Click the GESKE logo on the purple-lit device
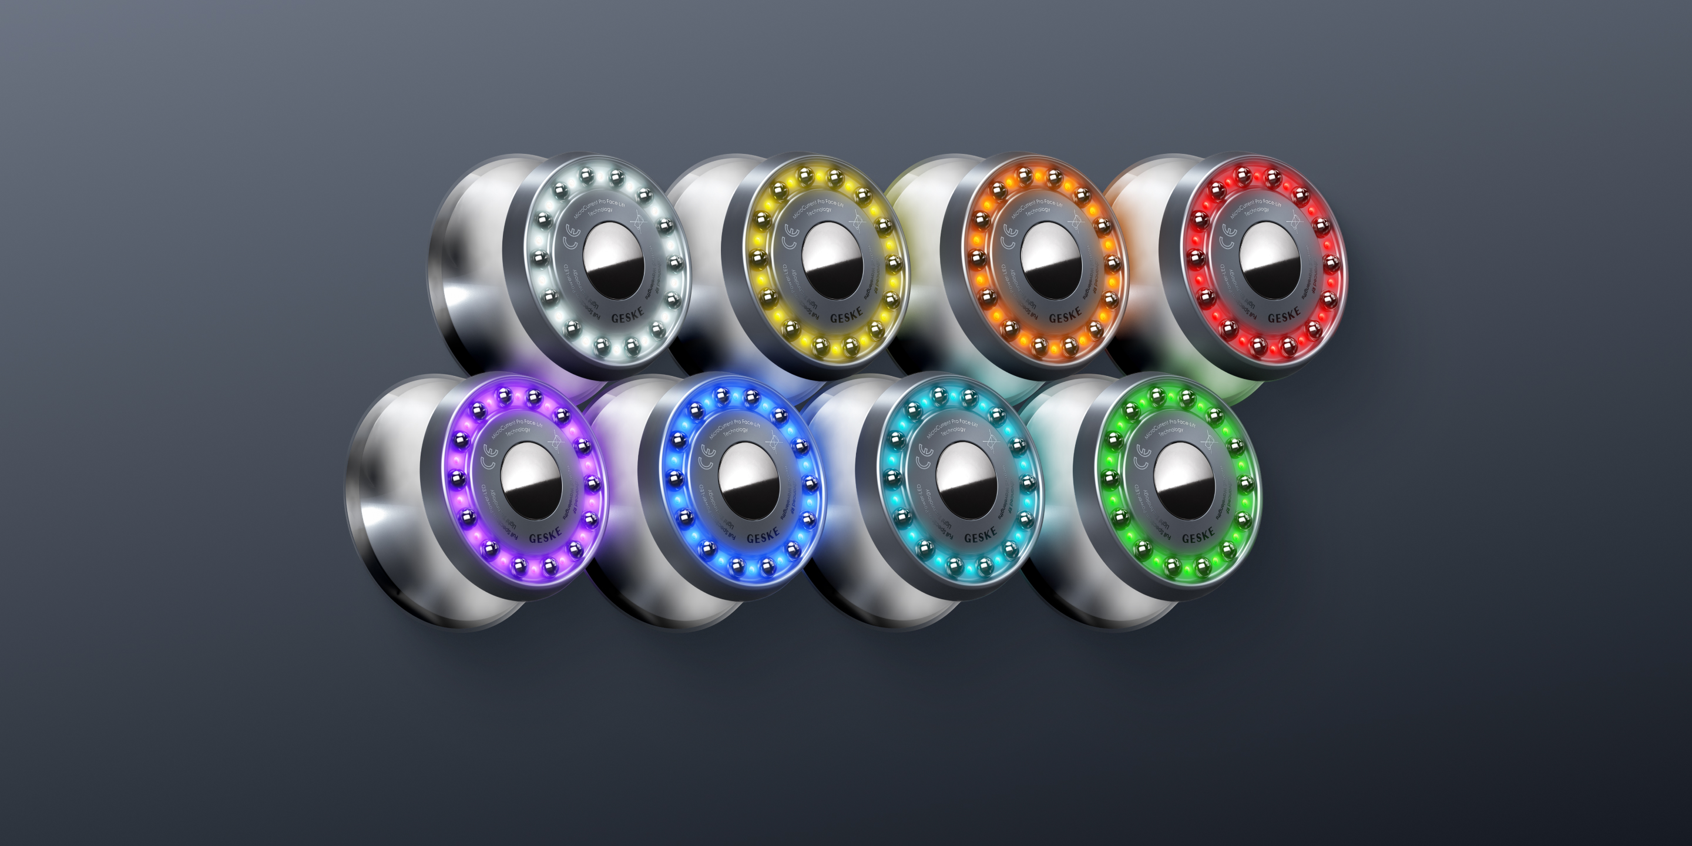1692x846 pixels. pyautogui.click(x=545, y=536)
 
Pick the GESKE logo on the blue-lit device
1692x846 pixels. pyautogui.click(x=763, y=536)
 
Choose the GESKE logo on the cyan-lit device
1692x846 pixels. pyautogui.click(x=980, y=536)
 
